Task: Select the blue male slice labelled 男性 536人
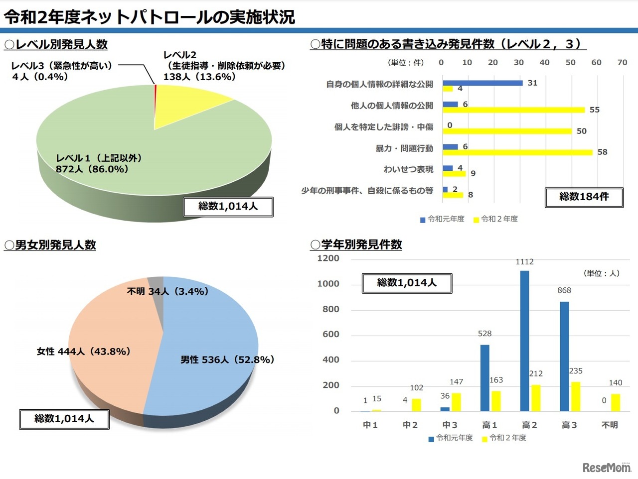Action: point(209,339)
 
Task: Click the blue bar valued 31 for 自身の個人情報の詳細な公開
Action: point(482,83)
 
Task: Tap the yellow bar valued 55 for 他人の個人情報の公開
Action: point(513,110)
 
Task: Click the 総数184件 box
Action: point(584,197)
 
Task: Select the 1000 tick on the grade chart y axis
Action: point(328,284)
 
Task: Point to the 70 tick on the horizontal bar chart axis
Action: point(622,63)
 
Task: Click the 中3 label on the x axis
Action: point(450,425)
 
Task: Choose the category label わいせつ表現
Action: point(408,169)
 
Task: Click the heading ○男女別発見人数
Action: point(50,245)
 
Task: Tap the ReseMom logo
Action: point(606,467)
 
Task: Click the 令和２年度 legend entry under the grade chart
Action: point(504,438)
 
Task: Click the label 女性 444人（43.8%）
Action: point(83,352)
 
